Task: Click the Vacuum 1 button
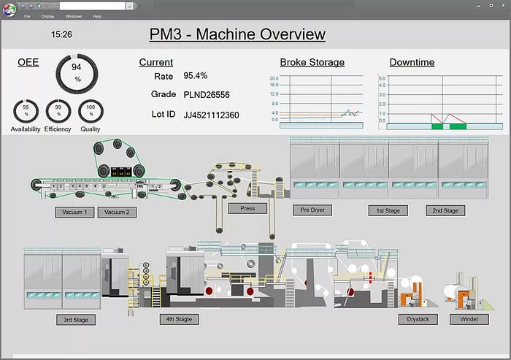pyautogui.click(x=74, y=212)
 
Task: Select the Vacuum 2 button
pyautogui.click(x=117, y=212)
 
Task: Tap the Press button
pyautogui.click(x=247, y=209)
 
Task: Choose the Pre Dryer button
pyautogui.click(x=312, y=210)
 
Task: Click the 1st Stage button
pyautogui.click(x=388, y=210)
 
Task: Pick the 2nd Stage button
pyautogui.click(x=445, y=210)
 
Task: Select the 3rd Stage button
pyautogui.click(x=76, y=320)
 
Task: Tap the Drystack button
pyautogui.click(x=418, y=319)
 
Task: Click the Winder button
pyautogui.click(x=469, y=319)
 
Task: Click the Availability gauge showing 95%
pyautogui.click(x=26, y=112)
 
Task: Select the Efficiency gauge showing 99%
pyautogui.click(x=58, y=112)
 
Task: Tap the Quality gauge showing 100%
pyautogui.click(x=91, y=112)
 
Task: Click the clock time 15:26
pyautogui.click(x=61, y=34)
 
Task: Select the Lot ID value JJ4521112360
pyautogui.click(x=212, y=115)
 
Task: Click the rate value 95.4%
pyautogui.click(x=195, y=75)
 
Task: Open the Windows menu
pyautogui.click(x=74, y=16)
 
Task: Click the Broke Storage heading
pyautogui.click(x=312, y=62)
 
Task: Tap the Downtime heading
pyautogui.click(x=412, y=62)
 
